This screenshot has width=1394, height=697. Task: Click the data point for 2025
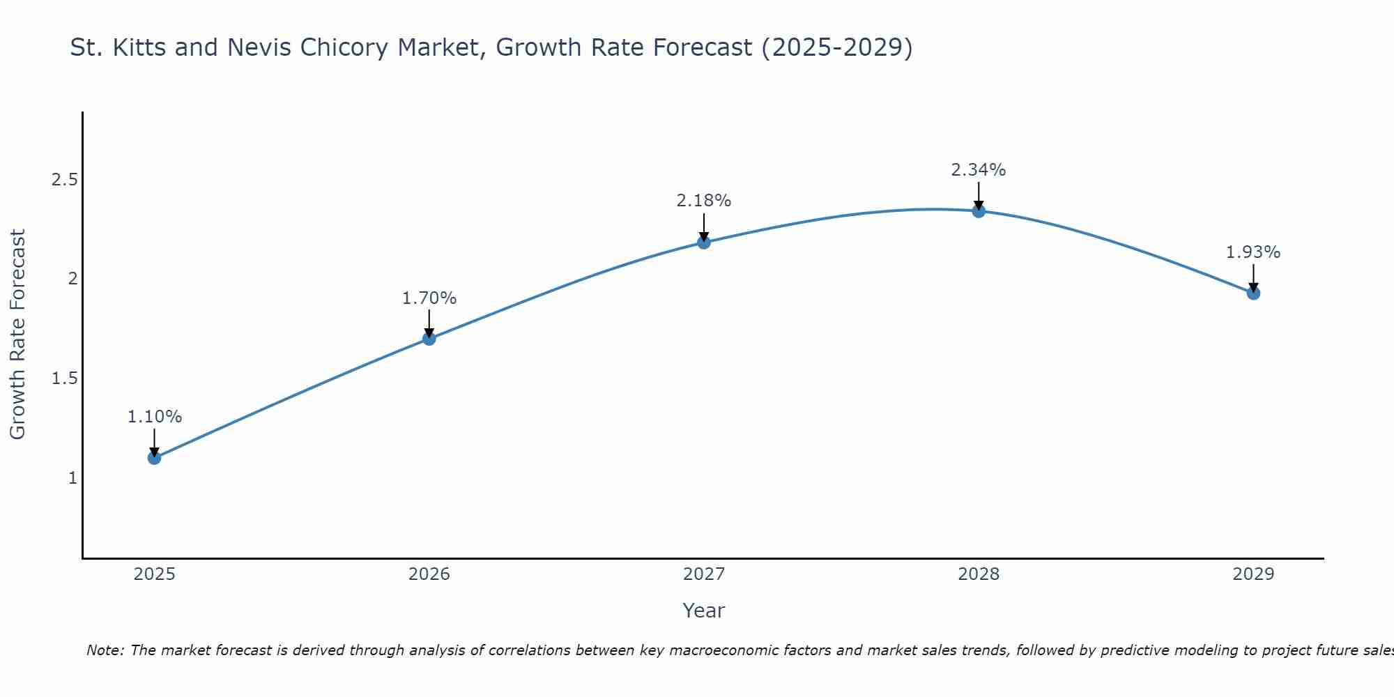[155, 458]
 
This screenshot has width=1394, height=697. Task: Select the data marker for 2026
[429, 339]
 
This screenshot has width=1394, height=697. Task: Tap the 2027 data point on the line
[704, 243]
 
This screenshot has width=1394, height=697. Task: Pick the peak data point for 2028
[979, 211]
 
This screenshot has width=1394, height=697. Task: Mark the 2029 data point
[1253, 293]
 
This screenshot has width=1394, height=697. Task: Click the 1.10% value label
[155, 417]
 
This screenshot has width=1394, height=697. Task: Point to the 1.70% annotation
[429, 298]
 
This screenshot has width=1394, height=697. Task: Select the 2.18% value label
[704, 201]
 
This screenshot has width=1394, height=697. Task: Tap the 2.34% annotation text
[979, 170]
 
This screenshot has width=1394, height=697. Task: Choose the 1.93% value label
[1253, 252]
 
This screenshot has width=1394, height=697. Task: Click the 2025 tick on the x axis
[155, 574]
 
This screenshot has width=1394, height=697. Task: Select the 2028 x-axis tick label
[979, 574]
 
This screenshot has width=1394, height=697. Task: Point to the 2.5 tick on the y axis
[64, 180]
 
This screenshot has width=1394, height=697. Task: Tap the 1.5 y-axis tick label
[64, 378]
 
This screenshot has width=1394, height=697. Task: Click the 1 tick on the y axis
[72, 478]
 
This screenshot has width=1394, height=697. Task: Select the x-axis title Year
[704, 611]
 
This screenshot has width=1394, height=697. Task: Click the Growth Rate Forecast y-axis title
[18, 335]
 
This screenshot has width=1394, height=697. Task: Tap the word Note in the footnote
[105, 650]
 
